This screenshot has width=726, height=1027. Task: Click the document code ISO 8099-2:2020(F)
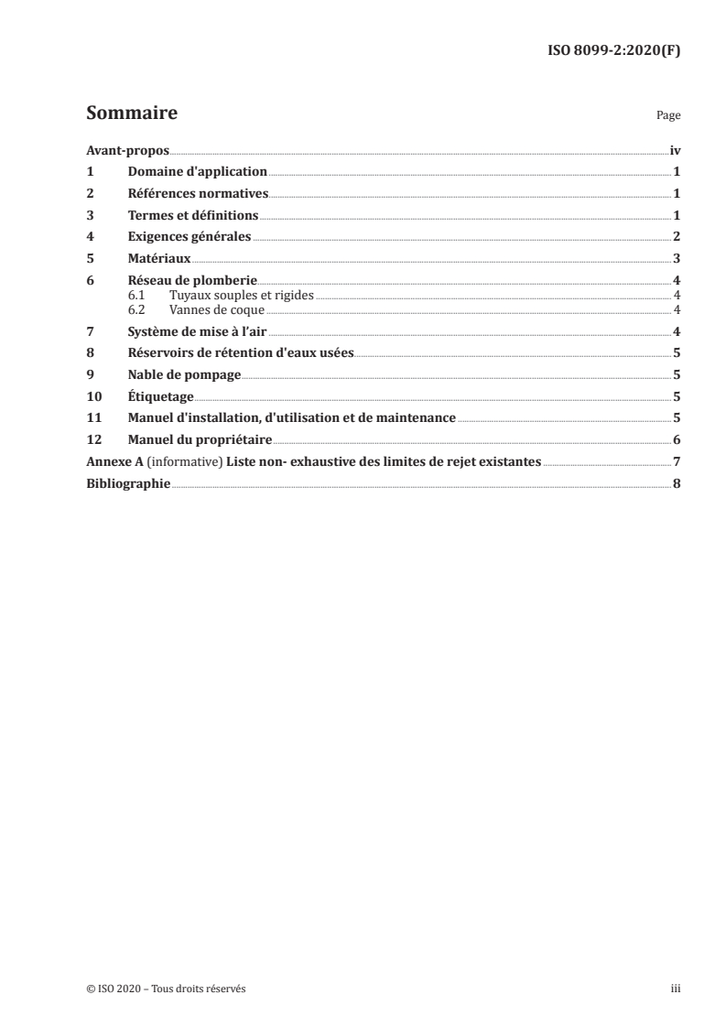(612, 51)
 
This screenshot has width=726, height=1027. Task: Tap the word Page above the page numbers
(668, 116)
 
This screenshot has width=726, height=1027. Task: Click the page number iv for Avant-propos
(675, 151)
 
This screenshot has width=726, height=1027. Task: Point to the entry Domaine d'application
(197, 172)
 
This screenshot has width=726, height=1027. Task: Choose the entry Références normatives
(198, 194)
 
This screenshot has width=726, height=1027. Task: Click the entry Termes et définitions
(193, 216)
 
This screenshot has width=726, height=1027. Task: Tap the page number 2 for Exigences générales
(677, 237)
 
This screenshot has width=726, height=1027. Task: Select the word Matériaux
(159, 259)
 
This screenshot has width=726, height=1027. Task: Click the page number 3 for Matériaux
(677, 259)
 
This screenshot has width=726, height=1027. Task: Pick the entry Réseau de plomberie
(192, 281)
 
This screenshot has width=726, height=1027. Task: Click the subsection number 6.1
(136, 295)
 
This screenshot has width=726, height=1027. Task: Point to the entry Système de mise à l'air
(197, 331)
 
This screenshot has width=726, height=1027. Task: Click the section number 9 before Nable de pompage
(90, 374)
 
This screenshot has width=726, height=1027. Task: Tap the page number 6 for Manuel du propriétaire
(677, 439)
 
